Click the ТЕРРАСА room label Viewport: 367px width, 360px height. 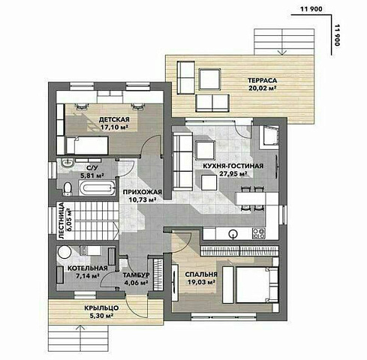pos(262,80)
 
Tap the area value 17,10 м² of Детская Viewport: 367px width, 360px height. pos(114,127)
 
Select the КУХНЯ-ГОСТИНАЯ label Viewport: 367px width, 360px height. pos(233,166)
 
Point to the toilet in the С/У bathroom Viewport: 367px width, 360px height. pos(68,189)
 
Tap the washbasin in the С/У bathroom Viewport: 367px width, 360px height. pos(67,163)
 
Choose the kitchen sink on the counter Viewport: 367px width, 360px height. pos(233,233)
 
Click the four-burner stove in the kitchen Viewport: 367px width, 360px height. pos(259,233)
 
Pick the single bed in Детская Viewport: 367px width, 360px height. pos(87,145)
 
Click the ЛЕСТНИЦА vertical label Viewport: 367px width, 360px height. pos(62,220)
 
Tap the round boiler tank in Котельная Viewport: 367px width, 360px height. pos(65,252)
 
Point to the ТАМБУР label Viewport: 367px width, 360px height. pos(137,275)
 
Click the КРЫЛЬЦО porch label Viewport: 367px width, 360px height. pos(101,308)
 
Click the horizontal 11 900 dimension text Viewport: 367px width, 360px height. pos(311,9)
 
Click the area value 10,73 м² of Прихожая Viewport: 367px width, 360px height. pos(143,199)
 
